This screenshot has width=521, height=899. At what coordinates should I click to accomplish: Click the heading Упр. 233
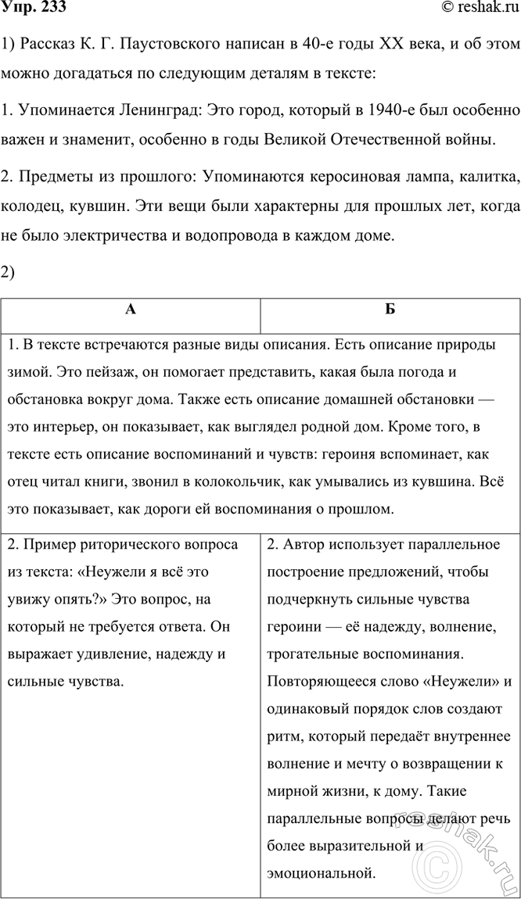[33, 9]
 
